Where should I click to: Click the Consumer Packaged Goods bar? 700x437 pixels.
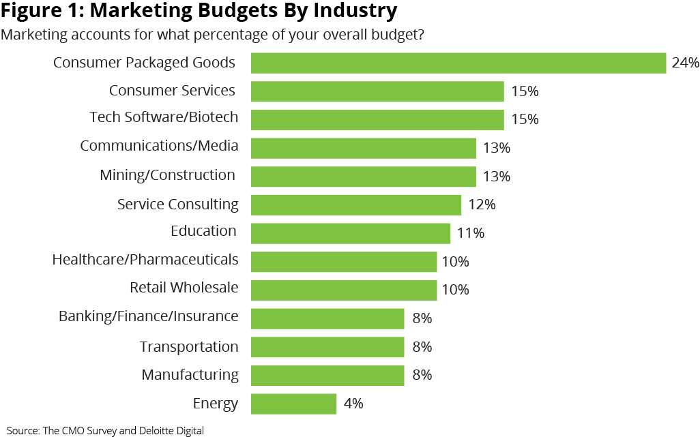(458, 63)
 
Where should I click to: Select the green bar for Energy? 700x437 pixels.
(293, 404)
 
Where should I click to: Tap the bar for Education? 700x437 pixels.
(350, 233)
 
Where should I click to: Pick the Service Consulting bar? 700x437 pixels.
(355, 205)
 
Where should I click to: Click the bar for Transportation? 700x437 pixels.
(327, 347)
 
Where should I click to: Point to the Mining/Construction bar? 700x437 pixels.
(363, 177)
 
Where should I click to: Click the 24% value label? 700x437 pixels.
(685, 63)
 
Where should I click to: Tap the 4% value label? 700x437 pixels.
(353, 404)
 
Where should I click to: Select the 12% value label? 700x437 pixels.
(482, 205)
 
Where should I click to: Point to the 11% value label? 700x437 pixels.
(470, 233)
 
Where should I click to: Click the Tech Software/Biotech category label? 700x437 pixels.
(164, 117)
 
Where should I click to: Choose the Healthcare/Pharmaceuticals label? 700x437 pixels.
(145, 260)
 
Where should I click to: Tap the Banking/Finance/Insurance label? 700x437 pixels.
(148, 316)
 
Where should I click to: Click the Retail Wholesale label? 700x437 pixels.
(184, 288)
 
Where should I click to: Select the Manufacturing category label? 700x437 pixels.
(190, 375)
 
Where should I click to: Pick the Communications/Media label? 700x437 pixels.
(159, 146)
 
